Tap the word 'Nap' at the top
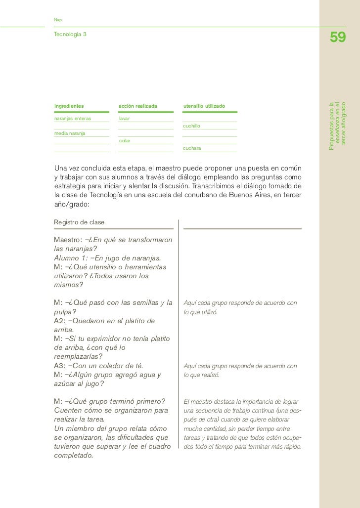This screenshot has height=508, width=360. [x=58, y=19]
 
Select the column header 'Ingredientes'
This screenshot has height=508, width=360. [x=69, y=106]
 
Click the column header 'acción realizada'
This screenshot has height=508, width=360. [x=138, y=106]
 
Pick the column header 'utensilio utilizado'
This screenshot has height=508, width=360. [x=204, y=106]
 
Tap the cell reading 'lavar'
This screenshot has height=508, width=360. [x=124, y=119]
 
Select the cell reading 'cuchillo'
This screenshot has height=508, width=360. [x=191, y=126]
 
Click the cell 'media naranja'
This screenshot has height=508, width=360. [x=70, y=133]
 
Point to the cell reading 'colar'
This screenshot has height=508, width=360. [x=125, y=141]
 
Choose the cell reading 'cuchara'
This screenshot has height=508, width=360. [x=192, y=148]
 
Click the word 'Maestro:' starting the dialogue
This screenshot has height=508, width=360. [x=68, y=240]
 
